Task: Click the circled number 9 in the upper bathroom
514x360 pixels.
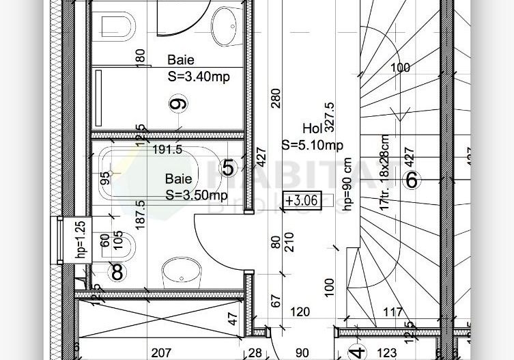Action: point(179,104)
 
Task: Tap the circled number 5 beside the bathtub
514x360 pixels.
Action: point(228,167)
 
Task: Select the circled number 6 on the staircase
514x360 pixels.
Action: point(411,180)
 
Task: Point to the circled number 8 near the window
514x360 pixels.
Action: point(117,272)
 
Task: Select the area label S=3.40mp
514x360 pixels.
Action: point(198,77)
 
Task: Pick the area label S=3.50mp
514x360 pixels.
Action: point(197,195)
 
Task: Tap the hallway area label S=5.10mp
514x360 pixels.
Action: point(312,145)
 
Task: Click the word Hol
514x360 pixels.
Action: point(312,128)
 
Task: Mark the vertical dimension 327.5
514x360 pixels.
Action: point(330,116)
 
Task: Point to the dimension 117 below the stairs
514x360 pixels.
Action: point(392,312)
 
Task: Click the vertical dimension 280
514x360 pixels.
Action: point(275,99)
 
